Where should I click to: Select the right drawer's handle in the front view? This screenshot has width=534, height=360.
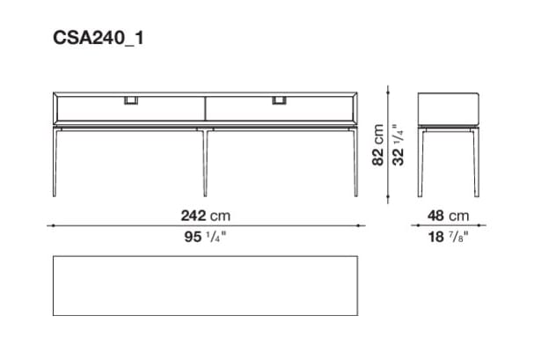282,99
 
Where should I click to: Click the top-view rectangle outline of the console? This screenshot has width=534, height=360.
205,286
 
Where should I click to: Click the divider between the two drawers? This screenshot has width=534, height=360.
205,107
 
